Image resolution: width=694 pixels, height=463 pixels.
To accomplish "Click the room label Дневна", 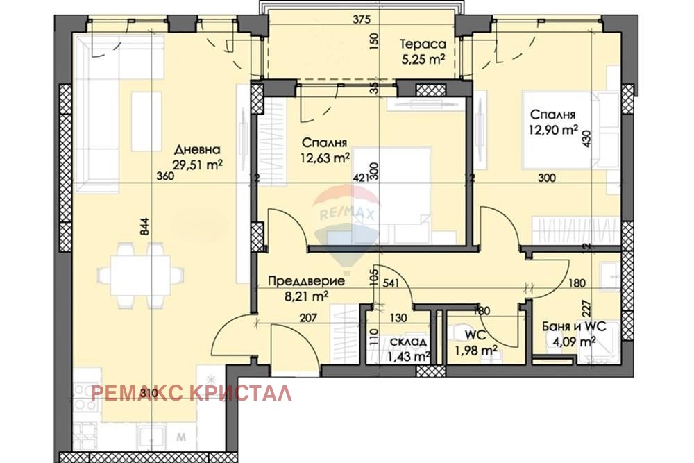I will click(197, 150).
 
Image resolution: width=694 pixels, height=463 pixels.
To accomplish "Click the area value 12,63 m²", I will click(325, 158).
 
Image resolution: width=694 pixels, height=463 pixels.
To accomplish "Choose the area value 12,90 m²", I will click(555, 128).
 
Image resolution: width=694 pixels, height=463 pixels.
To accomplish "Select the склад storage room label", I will click(408, 342).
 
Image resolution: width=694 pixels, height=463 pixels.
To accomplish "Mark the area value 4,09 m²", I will click(573, 341).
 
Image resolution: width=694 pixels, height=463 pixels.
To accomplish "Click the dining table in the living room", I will click(133, 276).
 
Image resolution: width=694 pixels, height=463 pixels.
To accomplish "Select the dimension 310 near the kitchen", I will click(147, 394).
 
